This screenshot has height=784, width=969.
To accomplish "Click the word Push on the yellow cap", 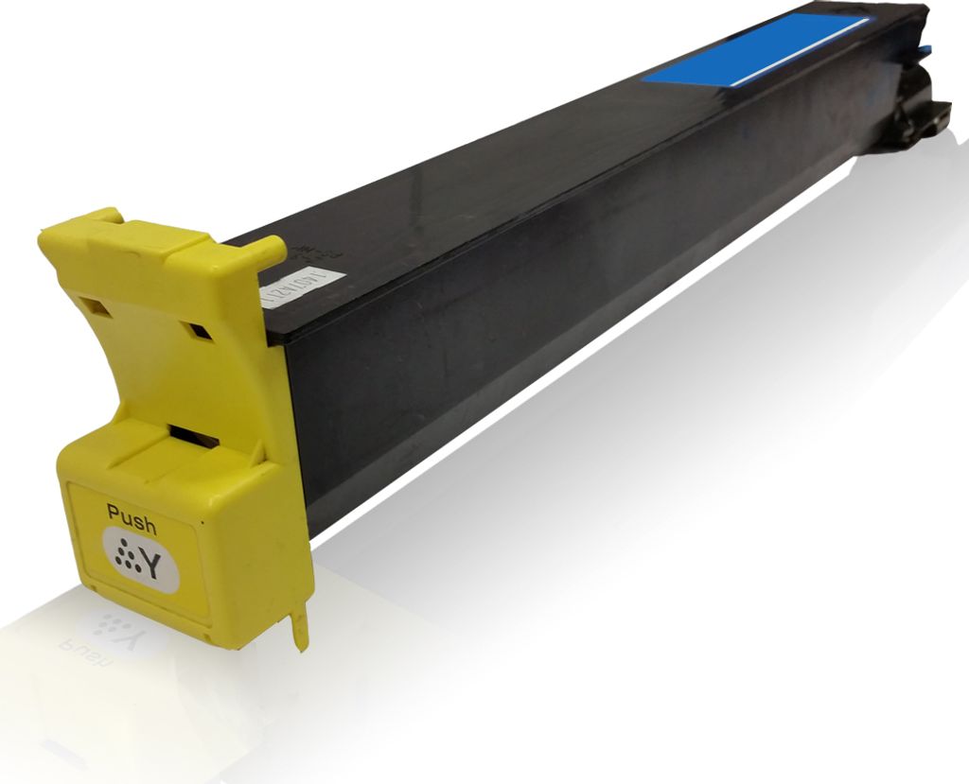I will click(x=132, y=514).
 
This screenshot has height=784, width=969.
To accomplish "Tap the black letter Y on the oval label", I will click(x=150, y=564).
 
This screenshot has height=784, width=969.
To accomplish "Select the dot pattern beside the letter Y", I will click(x=123, y=556).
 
